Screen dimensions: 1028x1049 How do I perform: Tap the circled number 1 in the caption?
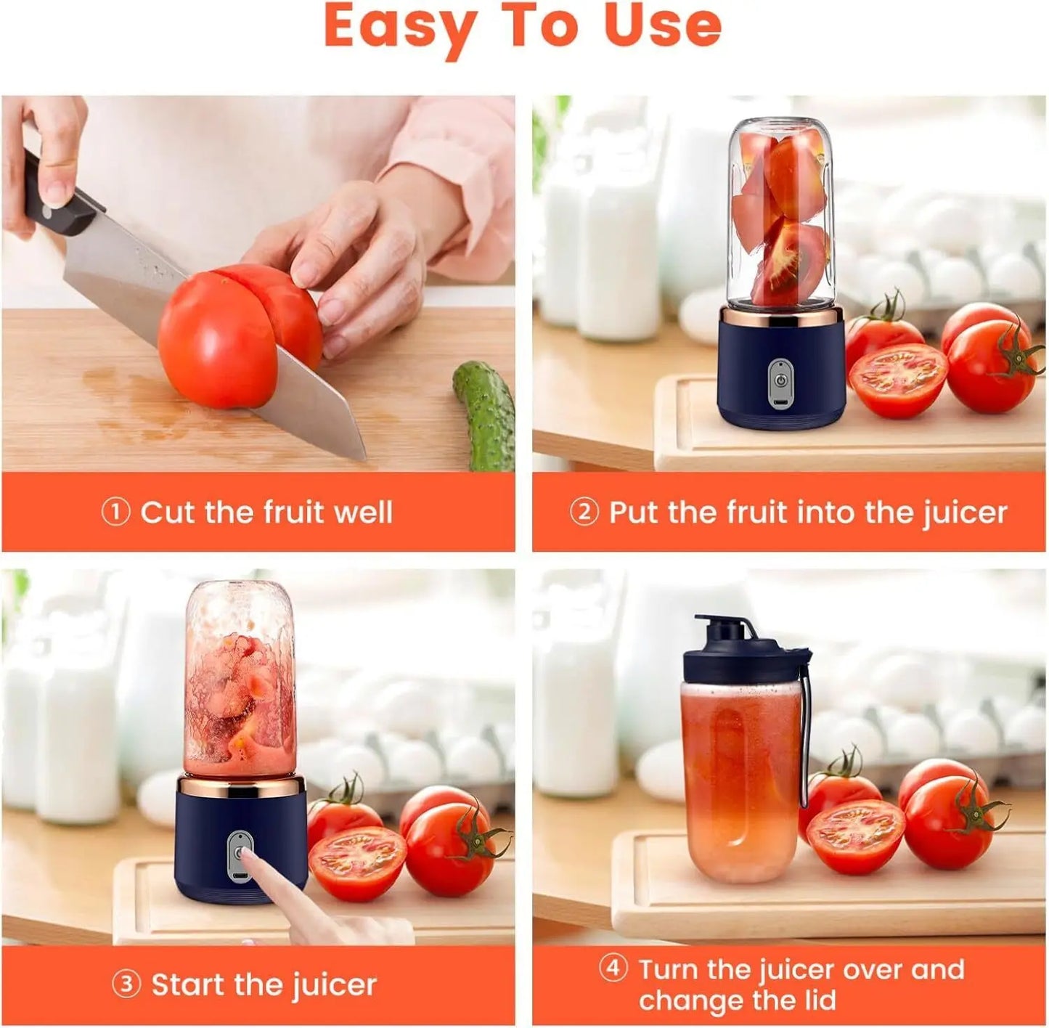tap(115, 513)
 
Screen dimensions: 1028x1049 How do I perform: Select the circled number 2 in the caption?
tap(584, 513)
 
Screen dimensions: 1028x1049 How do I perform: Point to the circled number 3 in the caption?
tap(126, 985)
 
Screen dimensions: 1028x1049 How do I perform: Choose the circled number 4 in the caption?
tap(613, 968)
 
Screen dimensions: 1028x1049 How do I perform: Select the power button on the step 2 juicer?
tap(780, 379)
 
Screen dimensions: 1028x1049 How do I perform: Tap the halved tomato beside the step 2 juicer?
tap(898, 379)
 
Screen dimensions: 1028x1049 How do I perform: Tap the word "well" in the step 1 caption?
tap(362, 513)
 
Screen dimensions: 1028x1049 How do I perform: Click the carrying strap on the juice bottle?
tap(805, 733)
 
